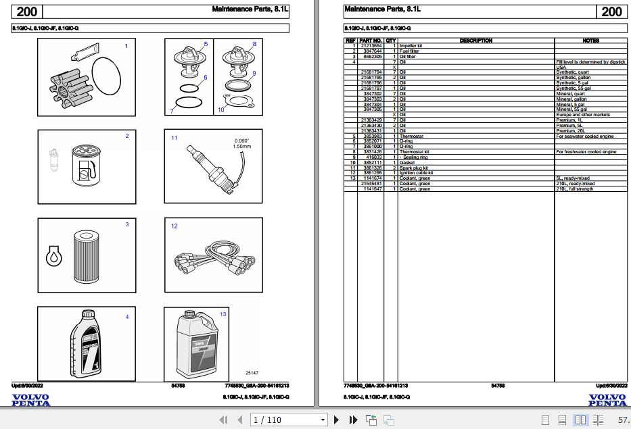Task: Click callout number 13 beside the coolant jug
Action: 223,314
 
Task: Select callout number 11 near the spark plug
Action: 174,138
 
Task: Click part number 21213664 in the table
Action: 371,45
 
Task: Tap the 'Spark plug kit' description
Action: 414,168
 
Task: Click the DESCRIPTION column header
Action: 476,41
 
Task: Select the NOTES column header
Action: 590,41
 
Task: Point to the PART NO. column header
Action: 371,41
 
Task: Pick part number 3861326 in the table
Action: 373,168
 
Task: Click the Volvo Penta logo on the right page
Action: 607,400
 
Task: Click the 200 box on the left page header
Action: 27,11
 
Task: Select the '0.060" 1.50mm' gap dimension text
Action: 241,143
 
